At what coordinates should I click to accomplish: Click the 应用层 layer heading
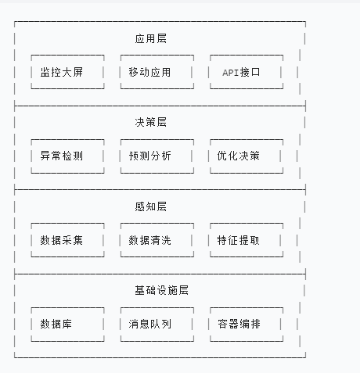(151, 38)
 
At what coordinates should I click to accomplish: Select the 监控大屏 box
(67, 72)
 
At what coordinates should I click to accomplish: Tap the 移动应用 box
(157, 72)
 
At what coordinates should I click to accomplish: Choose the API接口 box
(247, 72)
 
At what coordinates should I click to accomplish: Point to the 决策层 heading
(151, 122)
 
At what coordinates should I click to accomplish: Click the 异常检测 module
(67, 156)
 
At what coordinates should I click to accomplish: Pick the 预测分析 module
(157, 156)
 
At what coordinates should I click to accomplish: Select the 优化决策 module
(247, 156)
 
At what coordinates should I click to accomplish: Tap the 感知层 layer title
(151, 206)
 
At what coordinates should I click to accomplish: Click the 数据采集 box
(67, 240)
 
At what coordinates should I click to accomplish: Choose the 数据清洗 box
(157, 240)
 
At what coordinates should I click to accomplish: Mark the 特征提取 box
(247, 240)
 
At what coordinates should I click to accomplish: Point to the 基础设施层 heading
(162, 290)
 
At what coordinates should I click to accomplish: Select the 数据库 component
(67, 325)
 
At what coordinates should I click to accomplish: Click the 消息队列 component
(157, 325)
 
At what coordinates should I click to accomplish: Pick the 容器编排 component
(247, 325)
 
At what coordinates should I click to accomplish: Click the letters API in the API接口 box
(231, 73)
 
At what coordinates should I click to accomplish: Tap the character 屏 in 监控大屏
(77, 72)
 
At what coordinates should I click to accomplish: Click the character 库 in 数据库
(67, 324)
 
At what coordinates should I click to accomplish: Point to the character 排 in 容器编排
(255, 324)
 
